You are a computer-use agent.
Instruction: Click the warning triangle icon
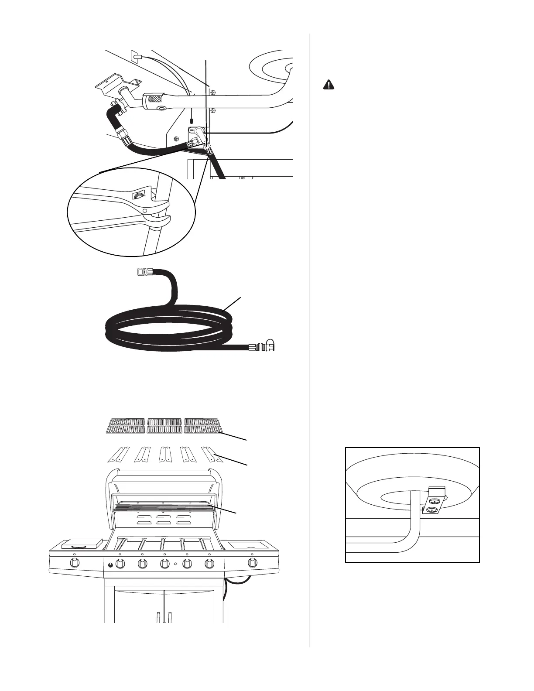[329, 85]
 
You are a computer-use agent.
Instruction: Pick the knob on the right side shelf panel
[252, 563]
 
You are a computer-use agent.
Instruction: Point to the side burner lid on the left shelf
[82, 544]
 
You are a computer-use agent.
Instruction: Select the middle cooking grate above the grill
[164, 426]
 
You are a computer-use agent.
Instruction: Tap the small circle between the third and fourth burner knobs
[175, 564]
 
